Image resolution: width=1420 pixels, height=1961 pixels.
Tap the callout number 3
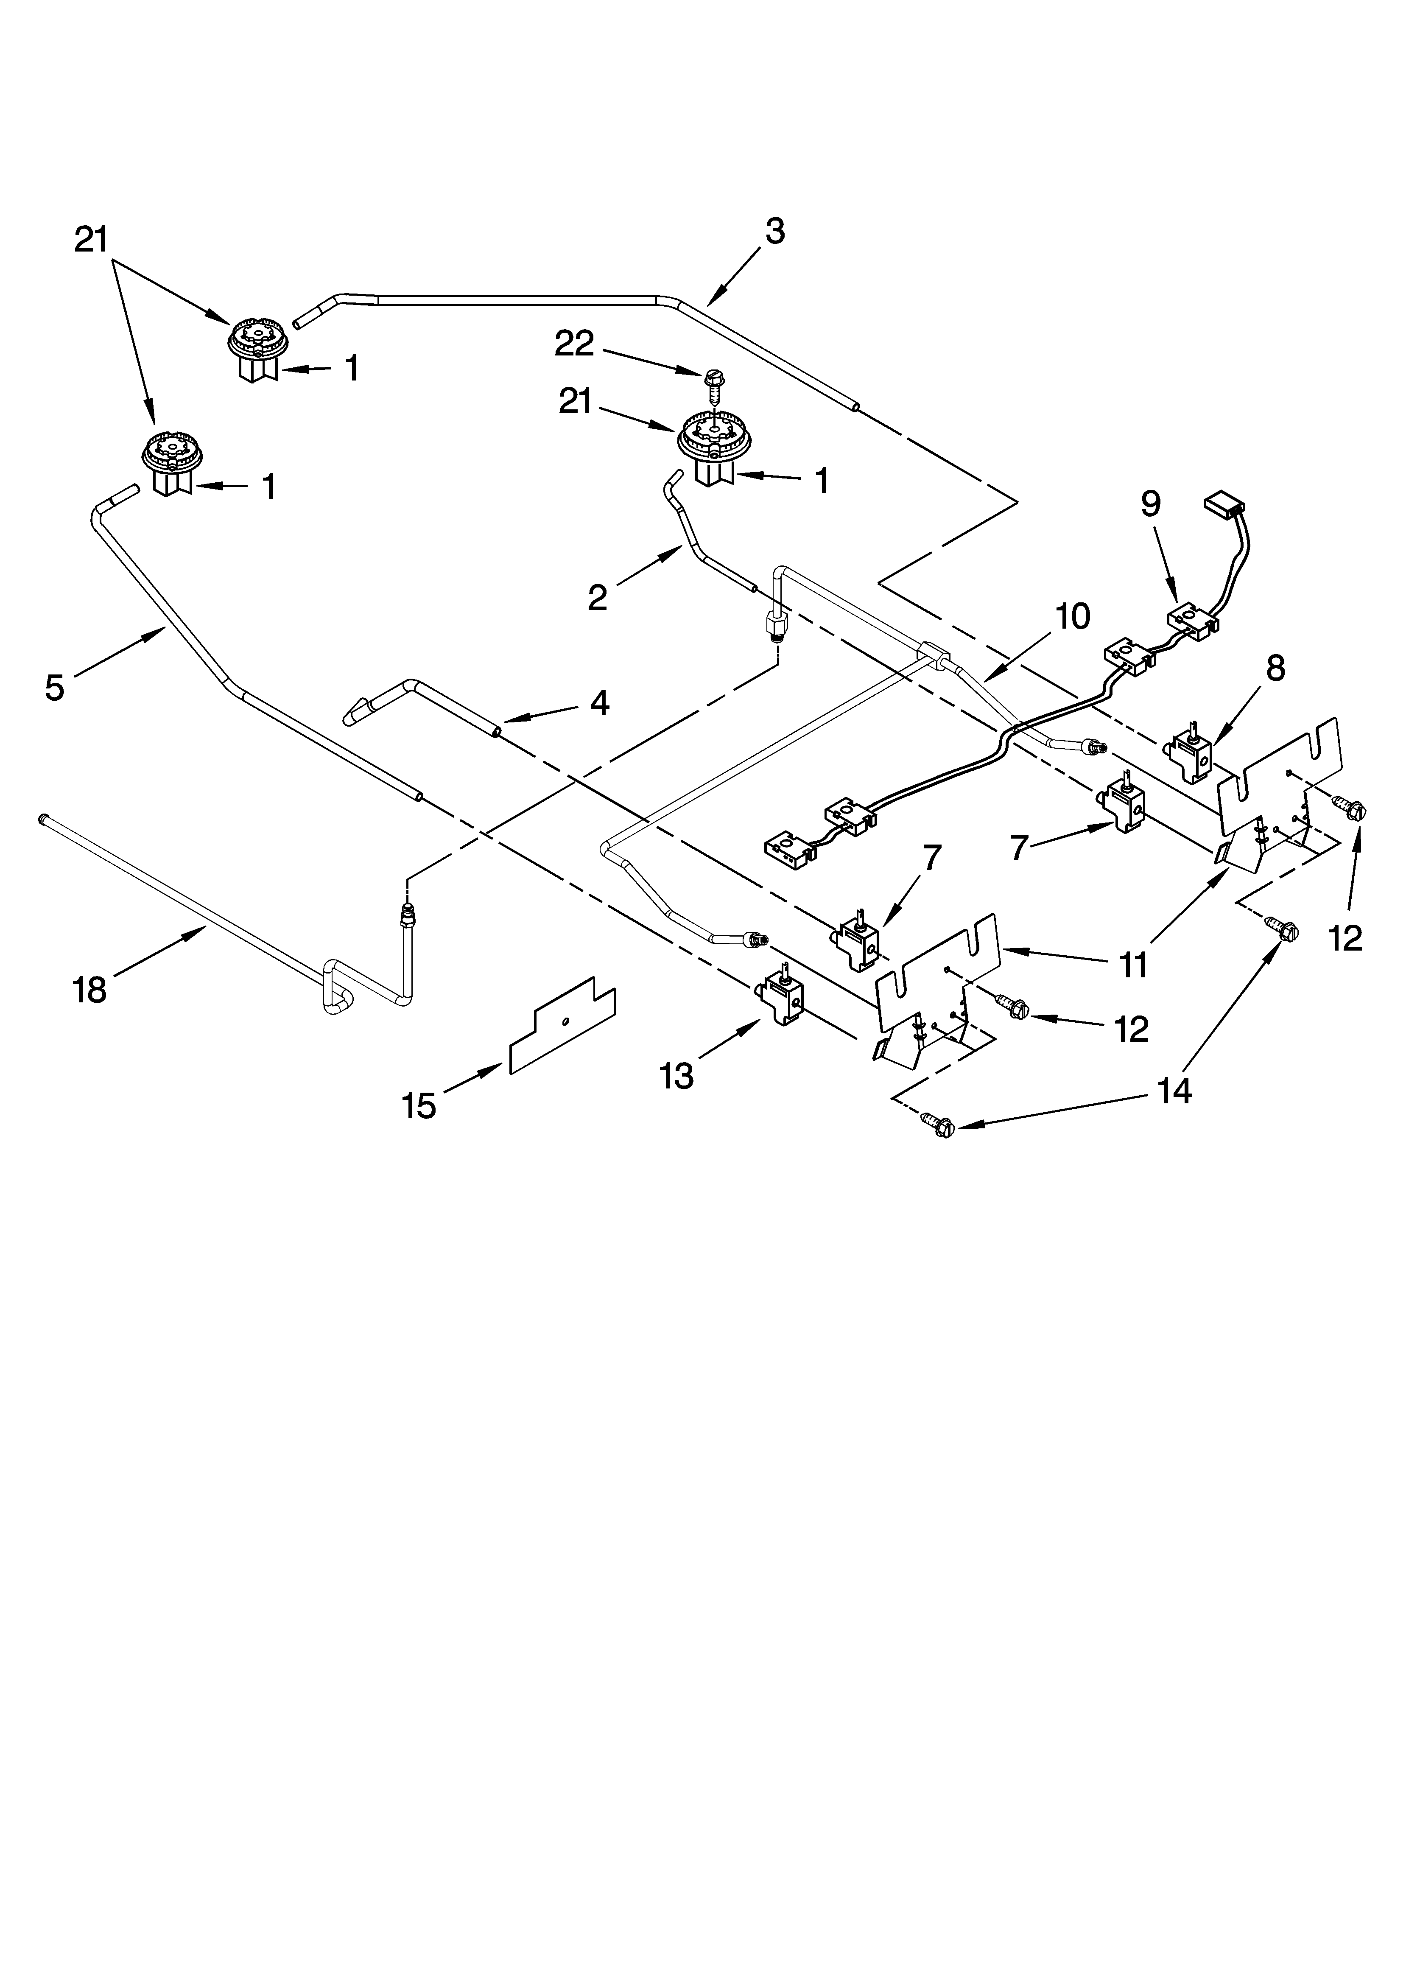pos(775,232)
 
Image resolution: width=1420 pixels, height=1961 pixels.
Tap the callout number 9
pos(1150,503)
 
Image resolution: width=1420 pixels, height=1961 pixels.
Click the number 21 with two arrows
pos(91,240)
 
